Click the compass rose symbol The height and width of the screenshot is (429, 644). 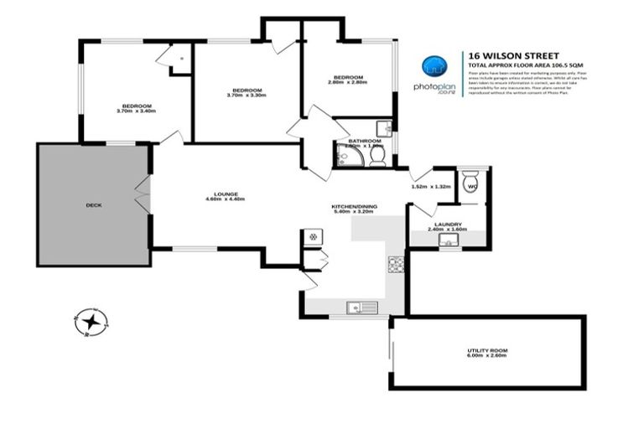coord(91,321)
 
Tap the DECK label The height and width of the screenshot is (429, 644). coord(94,204)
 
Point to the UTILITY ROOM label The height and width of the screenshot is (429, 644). coord(487,350)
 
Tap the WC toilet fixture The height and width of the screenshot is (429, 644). coord(470,186)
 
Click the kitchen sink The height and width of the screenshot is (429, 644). coord(359,308)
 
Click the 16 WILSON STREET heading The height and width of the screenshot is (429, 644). coord(505,51)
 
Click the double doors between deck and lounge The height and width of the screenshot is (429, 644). coord(143,195)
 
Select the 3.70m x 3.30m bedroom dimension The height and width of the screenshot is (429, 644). coord(246,96)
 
